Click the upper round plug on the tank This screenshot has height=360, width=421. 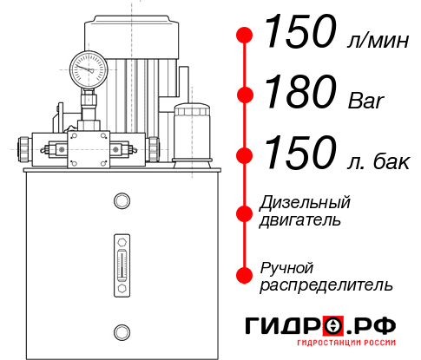(x=122, y=202)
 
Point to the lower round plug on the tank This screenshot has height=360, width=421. (x=122, y=331)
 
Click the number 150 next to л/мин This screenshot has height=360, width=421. (x=299, y=33)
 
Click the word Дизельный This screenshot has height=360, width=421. (x=305, y=203)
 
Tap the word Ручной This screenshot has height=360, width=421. (x=286, y=267)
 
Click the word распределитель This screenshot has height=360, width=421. (x=326, y=285)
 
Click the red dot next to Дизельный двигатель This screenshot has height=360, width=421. (x=246, y=213)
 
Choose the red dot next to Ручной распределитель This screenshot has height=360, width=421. (x=246, y=275)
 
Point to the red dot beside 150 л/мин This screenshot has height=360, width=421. (x=246, y=35)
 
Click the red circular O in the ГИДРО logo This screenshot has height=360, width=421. (x=332, y=326)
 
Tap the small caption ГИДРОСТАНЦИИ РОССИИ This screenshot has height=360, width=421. (x=345, y=349)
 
